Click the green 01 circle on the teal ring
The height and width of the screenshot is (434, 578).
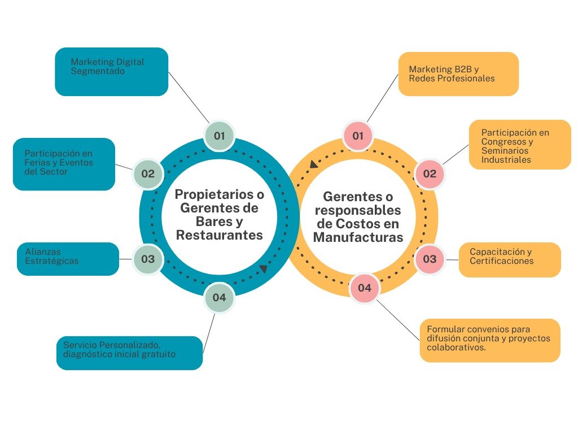(x=219, y=136)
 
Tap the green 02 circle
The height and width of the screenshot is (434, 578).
(x=148, y=173)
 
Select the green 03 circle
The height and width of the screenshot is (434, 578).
(x=148, y=259)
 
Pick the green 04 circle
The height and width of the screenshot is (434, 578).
(x=219, y=297)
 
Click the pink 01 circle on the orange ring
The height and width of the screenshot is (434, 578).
(x=358, y=136)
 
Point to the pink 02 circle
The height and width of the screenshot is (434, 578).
(x=430, y=173)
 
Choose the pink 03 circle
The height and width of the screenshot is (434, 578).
(x=430, y=259)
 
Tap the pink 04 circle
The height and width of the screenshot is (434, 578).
(x=365, y=288)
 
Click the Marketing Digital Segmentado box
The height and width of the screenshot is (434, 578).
(x=111, y=71)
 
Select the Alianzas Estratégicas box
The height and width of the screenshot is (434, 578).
(x=68, y=259)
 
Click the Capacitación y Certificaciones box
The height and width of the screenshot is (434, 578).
(x=510, y=259)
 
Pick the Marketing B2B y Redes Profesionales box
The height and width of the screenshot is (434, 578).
(x=458, y=73)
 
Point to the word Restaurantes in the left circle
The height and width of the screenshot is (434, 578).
(x=220, y=235)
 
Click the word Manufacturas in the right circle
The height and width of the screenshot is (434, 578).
(x=358, y=237)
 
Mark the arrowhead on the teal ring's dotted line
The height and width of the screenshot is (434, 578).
(x=264, y=269)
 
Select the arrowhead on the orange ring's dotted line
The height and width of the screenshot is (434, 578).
(x=313, y=164)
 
